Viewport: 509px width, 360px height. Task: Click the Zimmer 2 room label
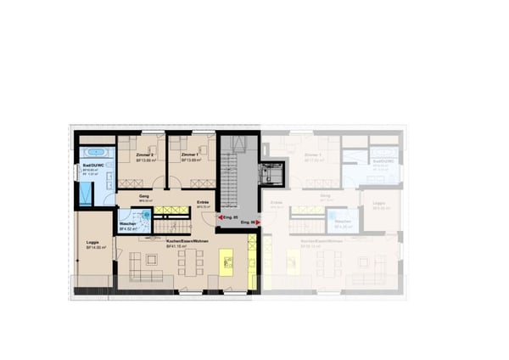coord(145,155)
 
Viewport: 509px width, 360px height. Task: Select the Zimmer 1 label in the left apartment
coord(190,155)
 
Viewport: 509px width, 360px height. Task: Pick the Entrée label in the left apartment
coord(203,201)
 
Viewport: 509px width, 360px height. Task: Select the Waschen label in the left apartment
coord(127,224)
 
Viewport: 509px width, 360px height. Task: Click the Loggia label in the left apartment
coord(92,243)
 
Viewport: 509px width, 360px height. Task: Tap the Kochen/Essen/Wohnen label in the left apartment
coord(187,241)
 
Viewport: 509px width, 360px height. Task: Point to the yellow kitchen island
coord(227,261)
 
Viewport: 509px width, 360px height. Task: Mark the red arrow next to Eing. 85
coord(219,217)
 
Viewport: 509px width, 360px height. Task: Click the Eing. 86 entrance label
coord(248,222)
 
